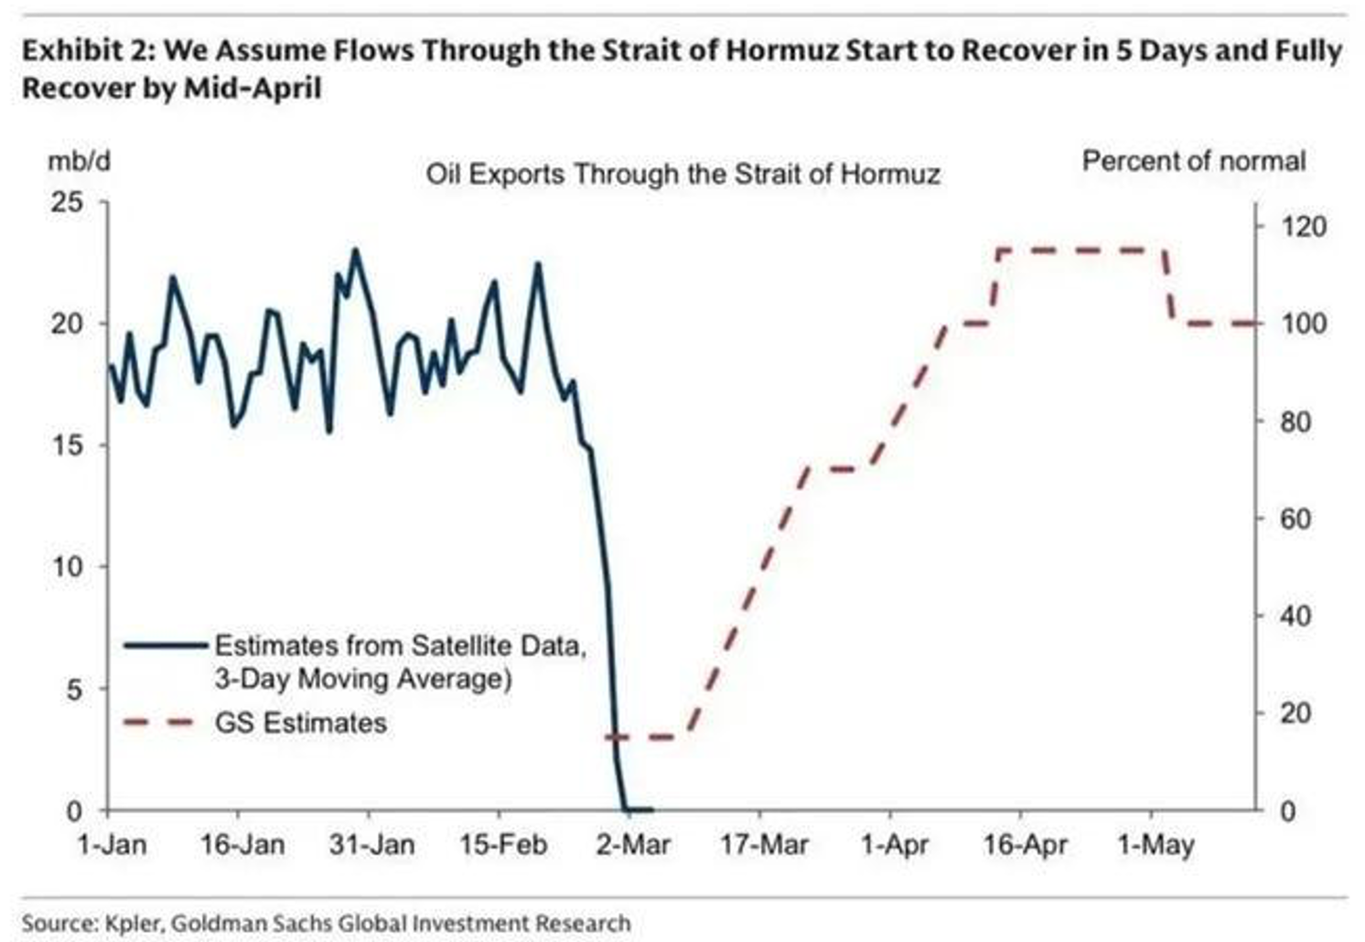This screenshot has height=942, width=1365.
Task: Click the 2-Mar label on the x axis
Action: [632, 845]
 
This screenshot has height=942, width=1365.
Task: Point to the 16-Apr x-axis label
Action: [1025, 845]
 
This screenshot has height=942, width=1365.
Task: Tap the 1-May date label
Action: [1155, 846]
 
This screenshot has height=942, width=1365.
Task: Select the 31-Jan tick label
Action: [371, 845]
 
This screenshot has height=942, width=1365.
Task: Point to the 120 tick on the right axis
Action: [1304, 227]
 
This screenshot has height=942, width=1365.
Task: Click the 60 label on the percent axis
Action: [1295, 519]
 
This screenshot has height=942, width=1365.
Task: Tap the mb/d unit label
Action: [80, 162]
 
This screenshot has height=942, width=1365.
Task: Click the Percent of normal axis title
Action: [1194, 162]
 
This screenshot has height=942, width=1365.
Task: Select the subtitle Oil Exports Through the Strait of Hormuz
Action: [683, 175]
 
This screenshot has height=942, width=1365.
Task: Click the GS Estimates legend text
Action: [301, 723]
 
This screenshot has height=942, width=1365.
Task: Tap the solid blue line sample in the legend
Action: [166, 646]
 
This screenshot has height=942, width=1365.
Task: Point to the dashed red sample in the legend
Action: [158, 723]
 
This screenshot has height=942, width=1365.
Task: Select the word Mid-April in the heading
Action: [252, 89]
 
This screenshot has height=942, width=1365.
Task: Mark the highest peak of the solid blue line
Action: [356, 250]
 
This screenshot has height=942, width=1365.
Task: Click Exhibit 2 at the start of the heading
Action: [90, 51]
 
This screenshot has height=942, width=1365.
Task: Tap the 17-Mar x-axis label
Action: [764, 845]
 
